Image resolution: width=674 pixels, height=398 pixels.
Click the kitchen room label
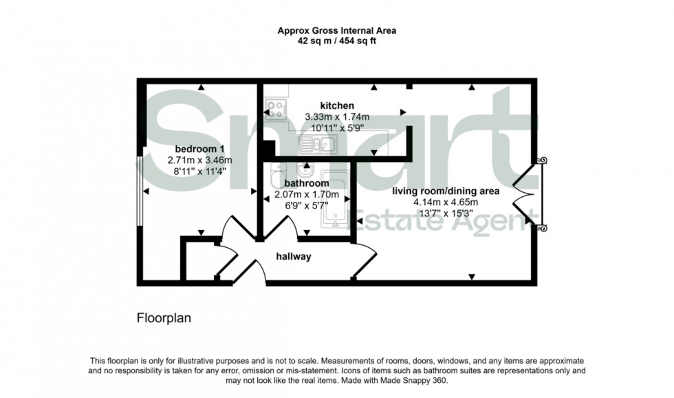click(337, 105)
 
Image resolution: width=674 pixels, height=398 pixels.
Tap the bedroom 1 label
click(200, 149)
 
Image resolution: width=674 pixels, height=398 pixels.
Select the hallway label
click(294, 257)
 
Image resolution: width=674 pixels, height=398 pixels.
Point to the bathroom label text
click(307, 184)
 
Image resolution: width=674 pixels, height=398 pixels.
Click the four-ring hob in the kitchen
click(276, 109)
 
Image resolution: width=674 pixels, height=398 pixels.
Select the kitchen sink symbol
click(317, 144)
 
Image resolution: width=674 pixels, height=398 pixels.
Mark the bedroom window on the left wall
click(139, 191)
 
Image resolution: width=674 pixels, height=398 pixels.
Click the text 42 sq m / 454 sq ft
click(337, 41)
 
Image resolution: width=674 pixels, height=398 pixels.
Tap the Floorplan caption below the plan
click(163, 318)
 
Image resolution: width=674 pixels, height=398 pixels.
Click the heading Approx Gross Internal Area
click(337, 30)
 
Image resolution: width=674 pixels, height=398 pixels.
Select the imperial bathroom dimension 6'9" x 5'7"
click(307, 206)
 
